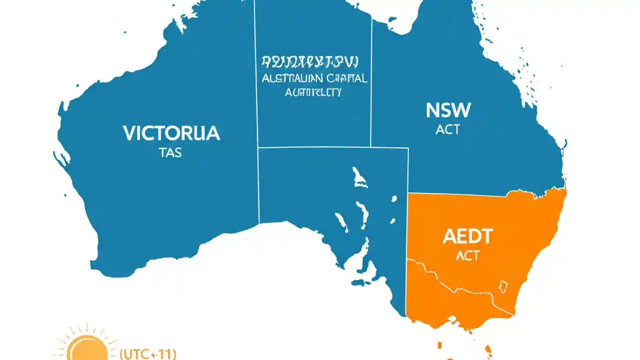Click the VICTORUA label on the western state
(x=171, y=133)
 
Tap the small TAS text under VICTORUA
(x=170, y=153)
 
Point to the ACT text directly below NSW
(x=447, y=129)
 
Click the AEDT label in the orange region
(x=467, y=236)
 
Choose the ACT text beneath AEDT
(x=467, y=255)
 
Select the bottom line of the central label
(x=313, y=92)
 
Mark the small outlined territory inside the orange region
(x=502, y=287)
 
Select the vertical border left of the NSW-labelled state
(x=371, y=80)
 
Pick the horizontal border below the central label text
(x=332, y=147)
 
